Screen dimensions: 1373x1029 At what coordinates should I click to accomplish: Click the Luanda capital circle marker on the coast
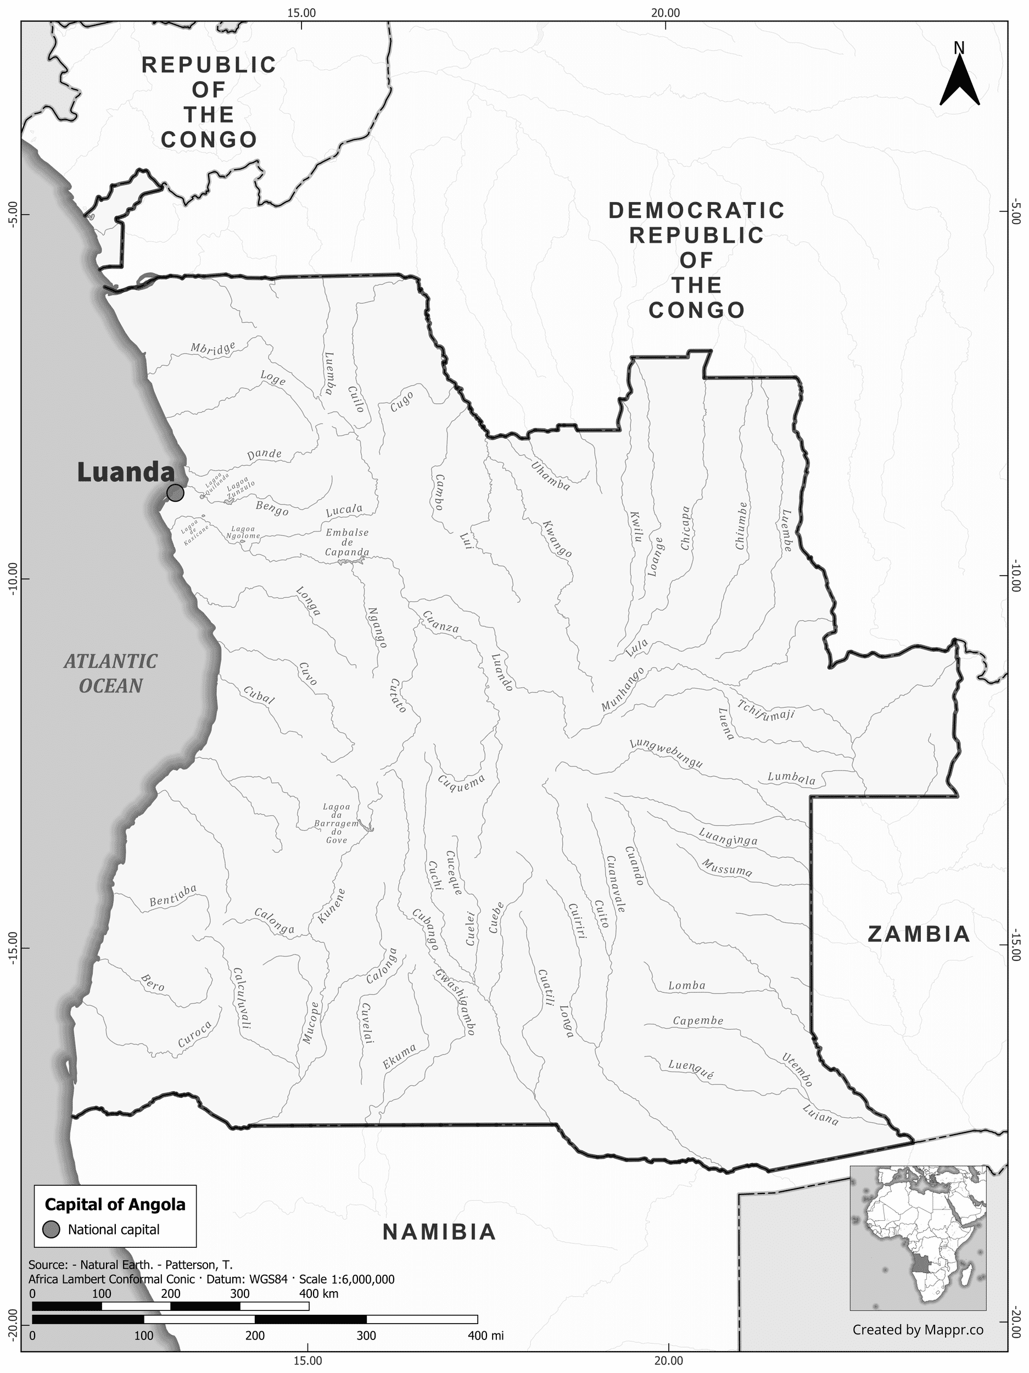point(176,493)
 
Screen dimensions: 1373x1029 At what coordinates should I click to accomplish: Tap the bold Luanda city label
point(125,472)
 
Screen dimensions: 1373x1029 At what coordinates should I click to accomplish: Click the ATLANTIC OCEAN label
point(111,673)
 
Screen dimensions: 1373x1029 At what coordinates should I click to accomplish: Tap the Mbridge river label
point(213,349)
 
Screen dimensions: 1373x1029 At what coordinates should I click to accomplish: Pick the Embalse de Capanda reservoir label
point(348,543)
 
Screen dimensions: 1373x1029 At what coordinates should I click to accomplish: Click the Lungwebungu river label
point(666,754)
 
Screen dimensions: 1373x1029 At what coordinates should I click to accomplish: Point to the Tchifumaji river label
point(766,710)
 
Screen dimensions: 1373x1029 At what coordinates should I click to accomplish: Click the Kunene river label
point(332,907)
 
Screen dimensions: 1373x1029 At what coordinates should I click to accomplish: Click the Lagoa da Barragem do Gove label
point(337,824)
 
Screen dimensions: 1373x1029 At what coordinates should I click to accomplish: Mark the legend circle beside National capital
point(52,1230)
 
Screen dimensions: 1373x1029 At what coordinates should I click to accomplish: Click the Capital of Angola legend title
point(115,1205)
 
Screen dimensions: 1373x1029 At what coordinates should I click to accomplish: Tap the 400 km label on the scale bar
point(318,1294)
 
